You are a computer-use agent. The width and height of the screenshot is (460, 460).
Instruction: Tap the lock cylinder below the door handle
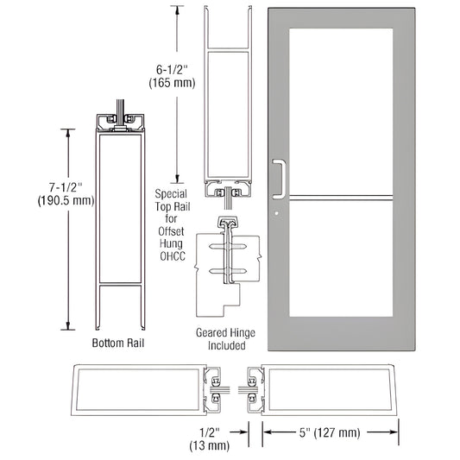pos(276,212)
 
